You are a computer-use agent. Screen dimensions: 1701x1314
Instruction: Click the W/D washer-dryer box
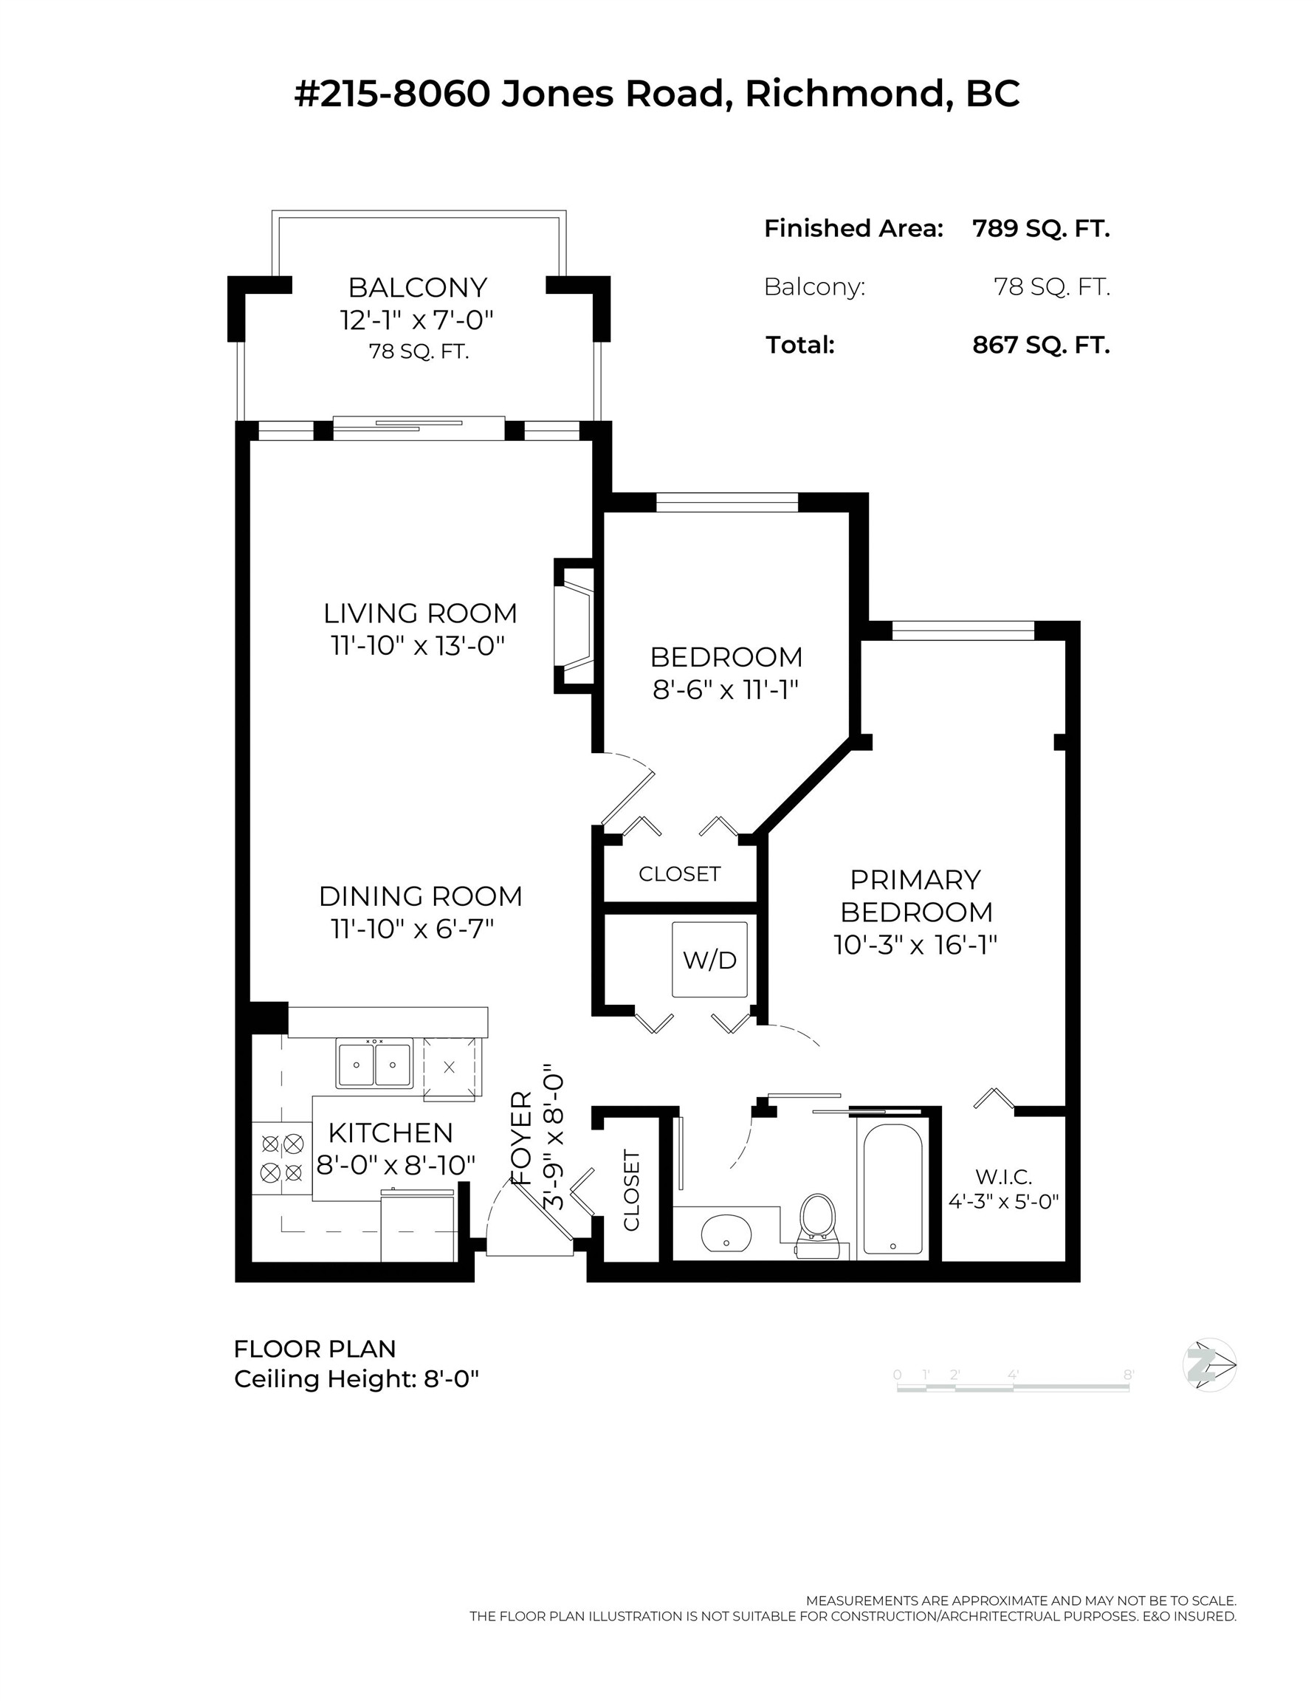click(x=709, y=960)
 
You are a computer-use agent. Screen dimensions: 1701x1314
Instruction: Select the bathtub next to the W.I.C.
click(x=892, y=1189)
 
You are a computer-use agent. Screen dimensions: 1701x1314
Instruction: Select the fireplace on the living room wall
click(x=575, y=625)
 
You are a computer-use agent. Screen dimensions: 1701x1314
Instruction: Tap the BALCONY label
click(x=418, y=287)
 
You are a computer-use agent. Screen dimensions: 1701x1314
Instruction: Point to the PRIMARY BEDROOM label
click(x=915, y=896)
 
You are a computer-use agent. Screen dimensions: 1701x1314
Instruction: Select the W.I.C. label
click(x=1003, y=1176)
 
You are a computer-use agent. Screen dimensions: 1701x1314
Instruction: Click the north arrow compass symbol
click(x=1209, y=1364)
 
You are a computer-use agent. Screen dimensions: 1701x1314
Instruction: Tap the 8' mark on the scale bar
click(x=1128, y=1375)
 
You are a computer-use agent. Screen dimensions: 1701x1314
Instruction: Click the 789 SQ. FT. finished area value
click(x=1041, y=228)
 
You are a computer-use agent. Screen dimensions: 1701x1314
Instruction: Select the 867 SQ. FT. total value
click(x=1041, y=344)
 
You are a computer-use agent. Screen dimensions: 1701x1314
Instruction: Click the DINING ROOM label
click(x=421, y=896)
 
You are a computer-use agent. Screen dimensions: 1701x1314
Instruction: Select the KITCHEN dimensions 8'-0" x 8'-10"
click(x=396, y=1165)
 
